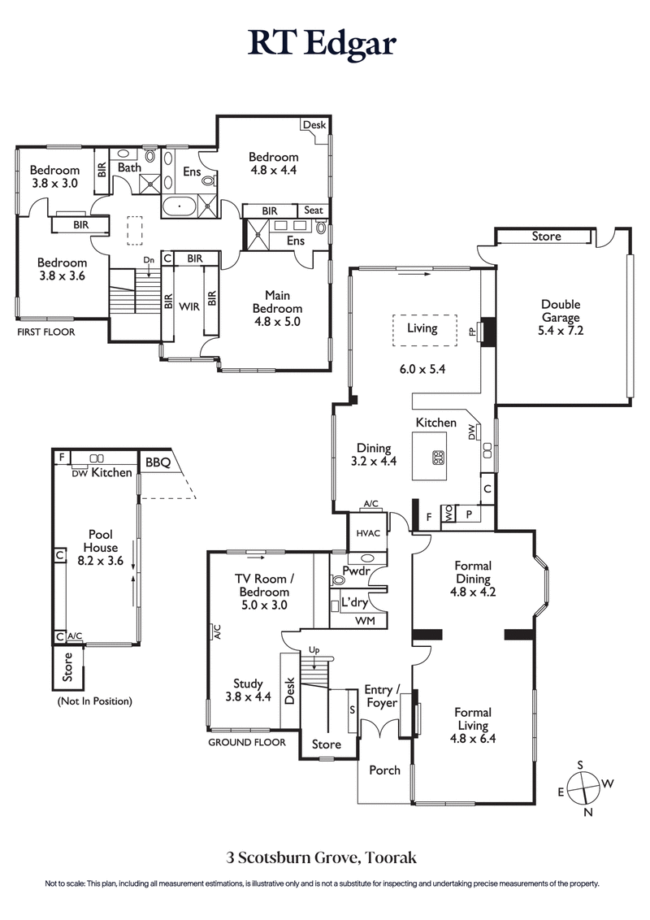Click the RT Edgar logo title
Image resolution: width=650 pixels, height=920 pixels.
(x=323, y=43)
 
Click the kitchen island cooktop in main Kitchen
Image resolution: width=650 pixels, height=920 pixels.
(x=439, y=457)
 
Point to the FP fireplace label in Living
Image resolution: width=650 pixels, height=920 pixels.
(x=472, y=332)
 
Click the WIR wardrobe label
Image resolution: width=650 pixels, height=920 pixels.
(x=189, y=307)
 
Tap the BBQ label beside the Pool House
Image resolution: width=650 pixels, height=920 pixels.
(x=158, y=462)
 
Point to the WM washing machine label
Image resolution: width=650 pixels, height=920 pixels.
(x=366, y=621)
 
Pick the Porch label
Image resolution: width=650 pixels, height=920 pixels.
(x=384, y=770)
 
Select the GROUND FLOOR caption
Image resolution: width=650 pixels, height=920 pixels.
(x=247, y=742)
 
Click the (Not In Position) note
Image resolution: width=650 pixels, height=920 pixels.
(x=93, y=701)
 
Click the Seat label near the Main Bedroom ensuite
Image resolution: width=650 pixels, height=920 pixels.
(x=314, y=210)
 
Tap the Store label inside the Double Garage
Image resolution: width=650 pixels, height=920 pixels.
(x=546, y=237)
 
